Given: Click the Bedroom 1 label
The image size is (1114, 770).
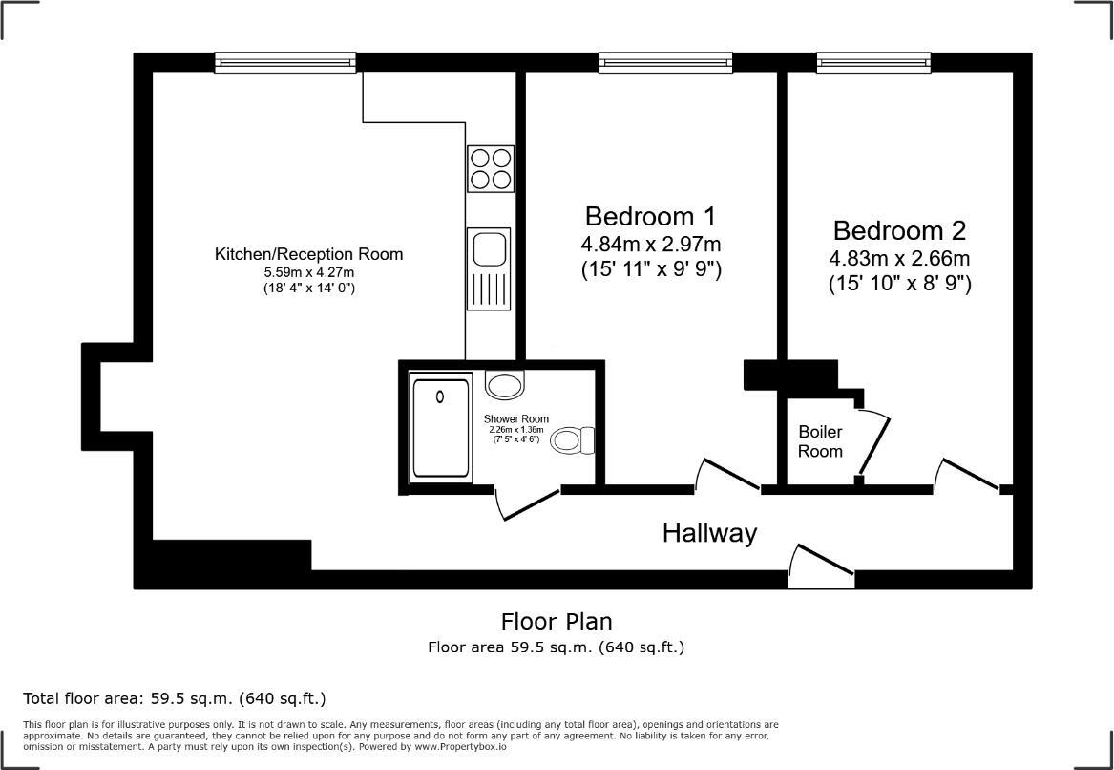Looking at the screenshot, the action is (x=650, y=216).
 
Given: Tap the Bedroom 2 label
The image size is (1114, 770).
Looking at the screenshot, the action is (x=899, y=231).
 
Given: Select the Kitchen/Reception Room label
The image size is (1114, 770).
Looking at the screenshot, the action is (x=308, y=254).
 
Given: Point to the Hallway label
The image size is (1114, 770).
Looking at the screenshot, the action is (x=710, y=532).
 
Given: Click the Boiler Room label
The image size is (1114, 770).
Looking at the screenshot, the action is (x=821, y=440).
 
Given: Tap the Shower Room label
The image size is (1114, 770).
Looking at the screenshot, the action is (x=515, y=418).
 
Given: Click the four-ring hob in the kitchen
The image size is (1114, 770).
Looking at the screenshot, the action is (x=491, y=168).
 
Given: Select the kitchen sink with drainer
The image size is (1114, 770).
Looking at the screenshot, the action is (x=489, y=268).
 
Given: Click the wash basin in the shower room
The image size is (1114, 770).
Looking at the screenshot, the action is (x=505, y=385).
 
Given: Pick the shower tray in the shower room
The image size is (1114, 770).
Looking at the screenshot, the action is (x=441, y=429).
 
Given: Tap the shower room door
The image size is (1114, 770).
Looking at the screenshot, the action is (x=527, y=505).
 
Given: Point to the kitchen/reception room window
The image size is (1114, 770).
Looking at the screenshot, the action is (x=285, y=62).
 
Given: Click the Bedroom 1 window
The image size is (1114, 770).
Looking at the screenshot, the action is (x=665, y=62).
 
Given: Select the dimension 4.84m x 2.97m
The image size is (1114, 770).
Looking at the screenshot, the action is (x=651, y=245).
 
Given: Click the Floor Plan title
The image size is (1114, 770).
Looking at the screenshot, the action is (x=557, y=621).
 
